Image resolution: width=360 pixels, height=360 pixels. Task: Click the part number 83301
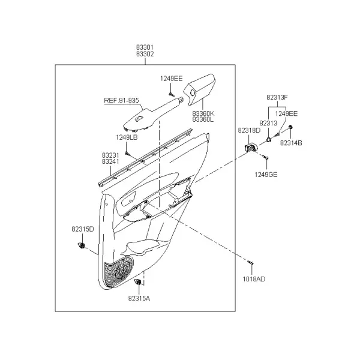pyautogui.click(x=145, y=47)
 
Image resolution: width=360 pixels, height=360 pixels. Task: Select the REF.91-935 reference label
pyautogui.click(x=121, y=100)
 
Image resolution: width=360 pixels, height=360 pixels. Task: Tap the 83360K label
pyautogui.click(x=203, y=113)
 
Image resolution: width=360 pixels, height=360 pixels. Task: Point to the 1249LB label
pyautogui.click(x=127, y=137)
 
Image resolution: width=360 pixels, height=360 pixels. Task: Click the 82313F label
pyautogui.click(x=277, y=97)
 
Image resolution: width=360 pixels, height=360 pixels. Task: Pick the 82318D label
pyautogui.click(x=249, y=130)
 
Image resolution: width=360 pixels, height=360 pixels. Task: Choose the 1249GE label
pyautogui.click(x=266, y=175)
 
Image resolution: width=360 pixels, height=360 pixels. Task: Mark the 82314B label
pyautogui.click(x=291, y=143)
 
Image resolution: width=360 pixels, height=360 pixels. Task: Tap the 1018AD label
pyautogui.click(x=254, y=279)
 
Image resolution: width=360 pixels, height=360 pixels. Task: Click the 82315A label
pyautogui.click(x=139, y=298)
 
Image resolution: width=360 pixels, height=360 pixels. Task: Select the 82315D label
pyautogui.click(x=83, y=229)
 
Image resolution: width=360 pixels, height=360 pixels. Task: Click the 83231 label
pyautogui.click(x=110, y=155)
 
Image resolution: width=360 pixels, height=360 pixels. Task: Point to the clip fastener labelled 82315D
pyautogui.click(x=82, y=245)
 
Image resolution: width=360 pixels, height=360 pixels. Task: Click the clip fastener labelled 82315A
pyautogui.click(x=138, y=282)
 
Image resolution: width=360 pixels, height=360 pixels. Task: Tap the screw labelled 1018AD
pyautogui.click(x=250, y=262)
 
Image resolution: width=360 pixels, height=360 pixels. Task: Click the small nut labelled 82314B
pyautogui.click(x=290, y=127)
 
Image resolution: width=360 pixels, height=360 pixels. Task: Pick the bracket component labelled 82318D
pyautogui.click(x=251, y=147)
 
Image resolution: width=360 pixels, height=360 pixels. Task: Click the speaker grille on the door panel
pyautogui.click(x=118, y=272)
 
